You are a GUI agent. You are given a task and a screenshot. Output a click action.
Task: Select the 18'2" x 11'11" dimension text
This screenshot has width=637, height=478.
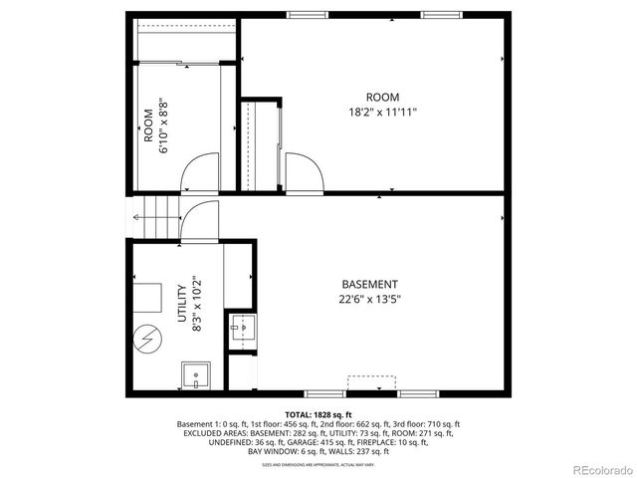coord(382,112)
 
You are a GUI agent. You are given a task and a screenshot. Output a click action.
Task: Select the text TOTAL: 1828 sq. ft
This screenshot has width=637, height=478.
coord(318,414)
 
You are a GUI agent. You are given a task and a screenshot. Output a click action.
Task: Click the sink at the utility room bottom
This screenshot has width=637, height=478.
coord(195,376)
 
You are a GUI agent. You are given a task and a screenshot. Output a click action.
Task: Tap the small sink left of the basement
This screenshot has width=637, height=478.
coord(243,328)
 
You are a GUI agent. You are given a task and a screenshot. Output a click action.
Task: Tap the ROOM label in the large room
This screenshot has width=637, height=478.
coord(382,97)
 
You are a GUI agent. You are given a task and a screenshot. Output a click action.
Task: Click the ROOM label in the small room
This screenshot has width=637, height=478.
coord(147,122)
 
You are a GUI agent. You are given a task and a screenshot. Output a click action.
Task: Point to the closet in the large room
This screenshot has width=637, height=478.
coord(261,144)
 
